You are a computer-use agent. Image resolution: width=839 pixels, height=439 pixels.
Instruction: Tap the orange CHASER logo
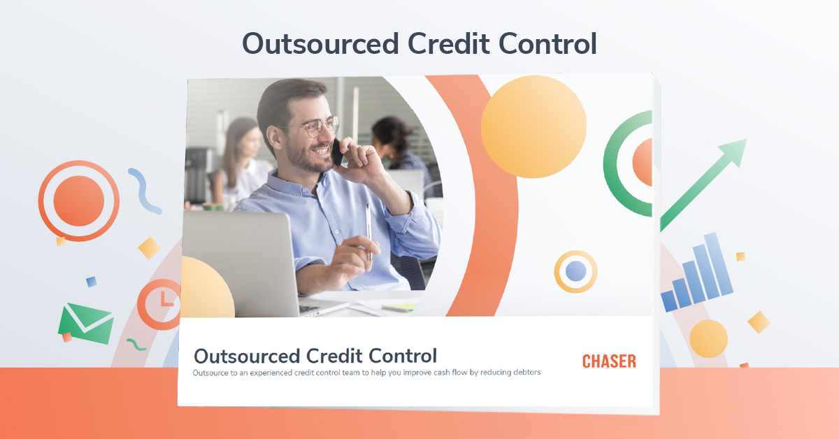(609, 361)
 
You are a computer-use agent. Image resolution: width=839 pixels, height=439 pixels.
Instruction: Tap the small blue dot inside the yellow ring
(575, 271)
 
